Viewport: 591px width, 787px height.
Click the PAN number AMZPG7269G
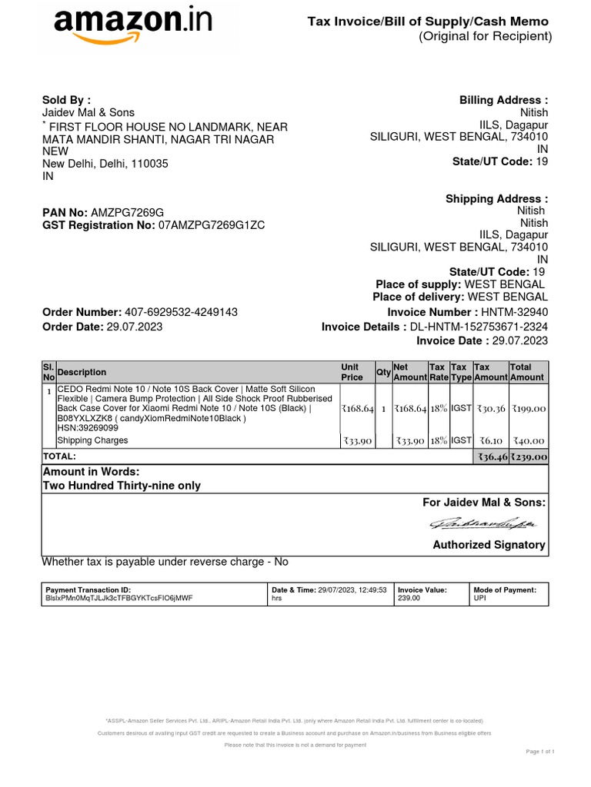[127, 212]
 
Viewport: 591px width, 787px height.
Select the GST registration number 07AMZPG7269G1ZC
[212, 225]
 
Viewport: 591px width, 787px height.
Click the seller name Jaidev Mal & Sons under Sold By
[88, 113]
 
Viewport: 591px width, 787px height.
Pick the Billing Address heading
[503, 100]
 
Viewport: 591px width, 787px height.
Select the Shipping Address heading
[496, 199]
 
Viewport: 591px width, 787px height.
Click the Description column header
[82, 372]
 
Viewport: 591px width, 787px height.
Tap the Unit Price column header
[352, 372]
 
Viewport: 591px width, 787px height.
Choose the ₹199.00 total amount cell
[529, 409]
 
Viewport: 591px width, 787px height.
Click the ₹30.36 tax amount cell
[491, 409]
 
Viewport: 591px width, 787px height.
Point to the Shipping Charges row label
[92, 440]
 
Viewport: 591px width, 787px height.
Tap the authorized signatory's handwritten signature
[484, 524]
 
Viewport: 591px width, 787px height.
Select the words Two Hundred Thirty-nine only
[122, 486]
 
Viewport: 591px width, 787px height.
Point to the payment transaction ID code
[119, 597]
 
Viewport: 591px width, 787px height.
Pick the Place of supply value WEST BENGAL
[506, 284]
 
